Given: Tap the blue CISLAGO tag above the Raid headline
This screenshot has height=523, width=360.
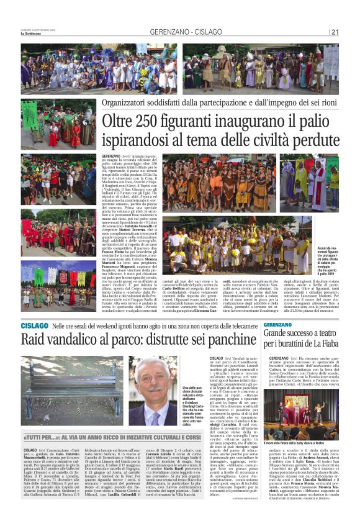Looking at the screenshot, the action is point(31,325).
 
